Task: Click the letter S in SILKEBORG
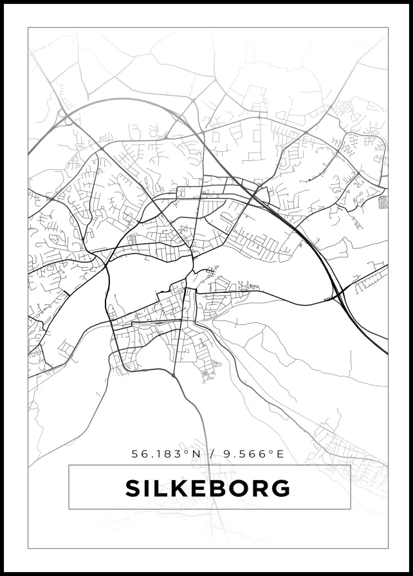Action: [133, 488]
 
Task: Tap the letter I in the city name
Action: [149, 488]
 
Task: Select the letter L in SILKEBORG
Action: [162, 488]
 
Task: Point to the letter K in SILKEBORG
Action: [181, 488]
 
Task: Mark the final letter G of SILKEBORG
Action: [281, 488]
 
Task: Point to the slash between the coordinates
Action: [212, 454]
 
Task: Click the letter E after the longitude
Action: [280, 454]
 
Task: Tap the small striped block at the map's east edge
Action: [383, 202]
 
